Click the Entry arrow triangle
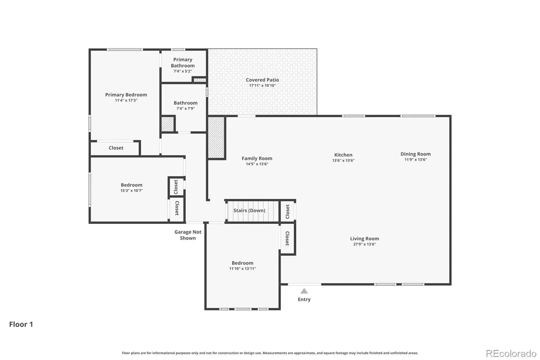pyautogui.click(x=304, y=291)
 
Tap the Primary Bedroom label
pyautogui.click(x=126, y=95)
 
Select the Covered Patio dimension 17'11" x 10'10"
pyautogui.click(x=262, y=85)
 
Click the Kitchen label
pyautogui.click(x=343, y=155)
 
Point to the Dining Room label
pyautogui.click(x=415, y=154)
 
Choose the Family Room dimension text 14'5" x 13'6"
pyautogui.click(x=257, y=164)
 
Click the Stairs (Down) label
pyautogui.click(x=249, y=210)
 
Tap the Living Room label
pyautogui.click(x=364, y=239)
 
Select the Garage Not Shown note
pyautogui.click(x=188, y=235)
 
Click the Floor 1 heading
pyautogui.click(x=21, y=324)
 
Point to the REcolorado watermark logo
pyautogui.click(x=511, y=354)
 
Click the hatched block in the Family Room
pyautogui.click(x=216, y=137)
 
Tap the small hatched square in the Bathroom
pyautogui.click(x=167, y=124)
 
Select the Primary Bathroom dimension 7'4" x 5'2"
pyautogui.click(x=183, y=71)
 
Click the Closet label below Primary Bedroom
pyautogui.click(x=116, y=148)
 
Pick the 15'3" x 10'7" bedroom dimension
pyautogui.click(x=132, y=190)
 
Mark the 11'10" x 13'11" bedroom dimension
pyautogui.click(x=243, y=268)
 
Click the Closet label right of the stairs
pyautogui.click(x=288, y=212)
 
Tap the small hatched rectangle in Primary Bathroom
pyautogui.click(x=200, y=80)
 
